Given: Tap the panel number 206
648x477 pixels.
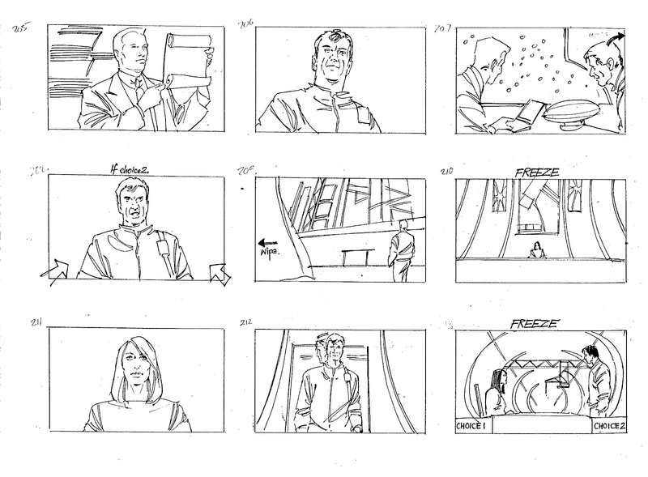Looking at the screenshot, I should (246, 24).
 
